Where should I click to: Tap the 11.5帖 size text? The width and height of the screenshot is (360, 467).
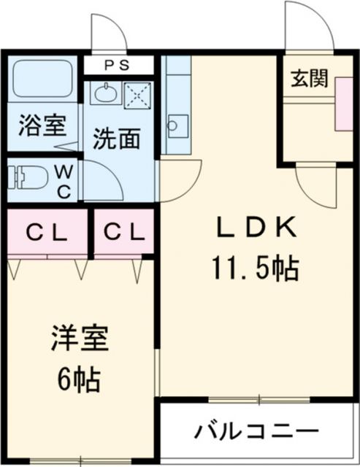[255, 270]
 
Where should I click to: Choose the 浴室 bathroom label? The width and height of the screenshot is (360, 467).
[42, 125]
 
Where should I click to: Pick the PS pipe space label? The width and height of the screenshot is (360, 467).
[119, 65]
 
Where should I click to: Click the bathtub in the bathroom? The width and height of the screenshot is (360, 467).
[42, 82]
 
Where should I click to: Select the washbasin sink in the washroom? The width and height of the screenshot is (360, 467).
[105, 93]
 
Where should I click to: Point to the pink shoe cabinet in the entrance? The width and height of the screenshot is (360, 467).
[342, 102]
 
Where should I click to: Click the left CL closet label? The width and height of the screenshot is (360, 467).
[47, 233]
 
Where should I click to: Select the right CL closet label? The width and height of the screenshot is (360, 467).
[123, 233]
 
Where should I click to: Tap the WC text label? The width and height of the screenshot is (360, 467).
[64, 180]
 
